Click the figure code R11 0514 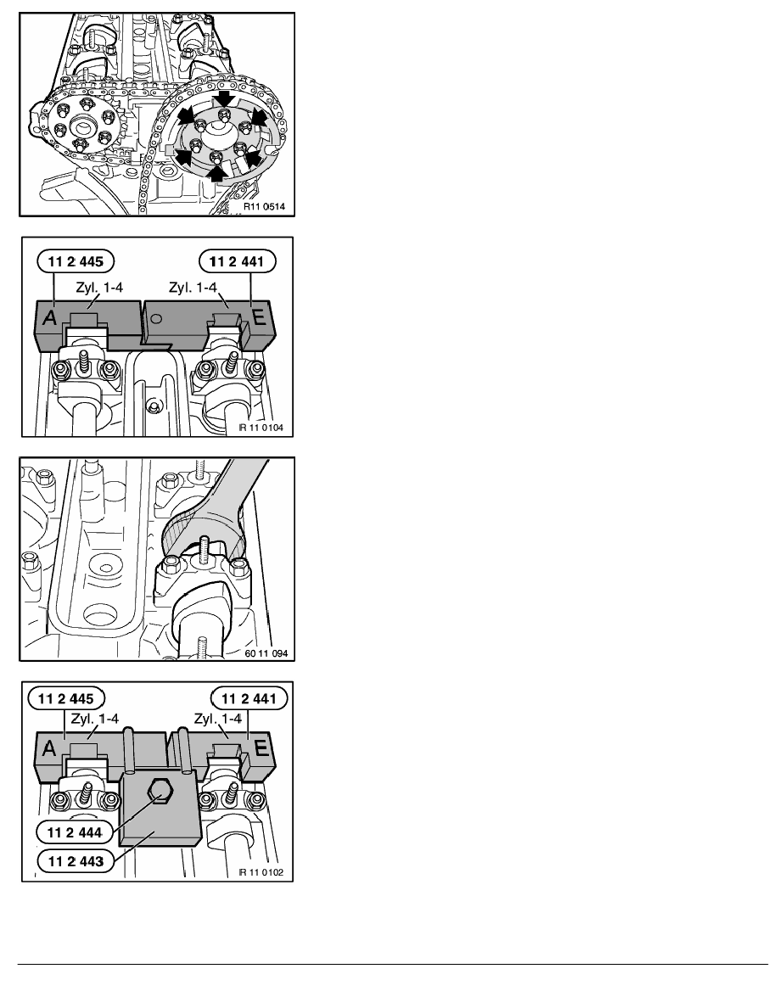(264, 207)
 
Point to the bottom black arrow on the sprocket (219, 171)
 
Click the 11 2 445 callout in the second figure (76, 261)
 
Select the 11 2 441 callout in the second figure (237, 261)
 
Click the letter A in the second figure (49, 317)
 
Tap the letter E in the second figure (258, 317)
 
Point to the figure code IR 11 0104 (261, 428)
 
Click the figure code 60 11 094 (266, 653)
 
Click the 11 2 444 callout (75, 832)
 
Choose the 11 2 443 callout (76, 860)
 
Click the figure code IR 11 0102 (261, 872)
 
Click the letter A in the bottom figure (49, 748)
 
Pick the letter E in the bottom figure (261, 748)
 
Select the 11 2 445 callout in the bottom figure (66, 698)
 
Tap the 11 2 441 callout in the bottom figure (249, 698)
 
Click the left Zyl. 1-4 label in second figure (99, 288)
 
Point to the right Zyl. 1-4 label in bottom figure (218, 718)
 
